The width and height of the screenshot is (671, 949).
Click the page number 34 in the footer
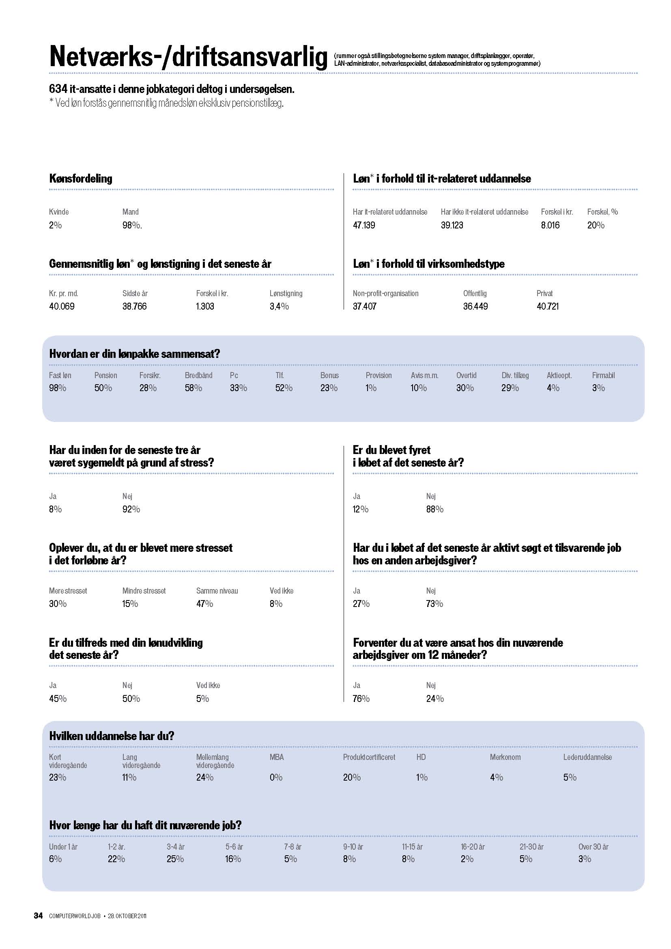pos(38,915)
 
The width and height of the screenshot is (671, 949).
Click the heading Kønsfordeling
pos(81,179)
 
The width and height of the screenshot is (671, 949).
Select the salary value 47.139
pos(363,225)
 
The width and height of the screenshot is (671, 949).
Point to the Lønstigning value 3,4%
pos(279,306)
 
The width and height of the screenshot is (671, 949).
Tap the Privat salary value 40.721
pos(547,306)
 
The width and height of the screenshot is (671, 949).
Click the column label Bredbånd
pos(198,375)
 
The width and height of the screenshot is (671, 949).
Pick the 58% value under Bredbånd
pos(194,388)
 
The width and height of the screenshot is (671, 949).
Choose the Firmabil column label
pos(603,375)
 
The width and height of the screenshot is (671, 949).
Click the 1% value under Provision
pos(371,388)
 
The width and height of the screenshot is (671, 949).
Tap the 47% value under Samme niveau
pos(204,604)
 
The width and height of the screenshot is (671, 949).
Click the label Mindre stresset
pos(144,591)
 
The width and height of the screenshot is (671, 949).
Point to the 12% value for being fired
pos(360,509)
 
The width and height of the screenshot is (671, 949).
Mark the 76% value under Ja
pos(361,699)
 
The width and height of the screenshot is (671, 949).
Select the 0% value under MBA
pos(276,777)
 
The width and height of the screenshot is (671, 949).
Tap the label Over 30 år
pos(594,846)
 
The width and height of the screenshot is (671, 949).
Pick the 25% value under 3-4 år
pos(175,859)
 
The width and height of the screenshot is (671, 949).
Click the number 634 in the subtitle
pos(58,89)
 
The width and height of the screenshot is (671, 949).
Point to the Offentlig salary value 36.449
pos(475,306)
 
